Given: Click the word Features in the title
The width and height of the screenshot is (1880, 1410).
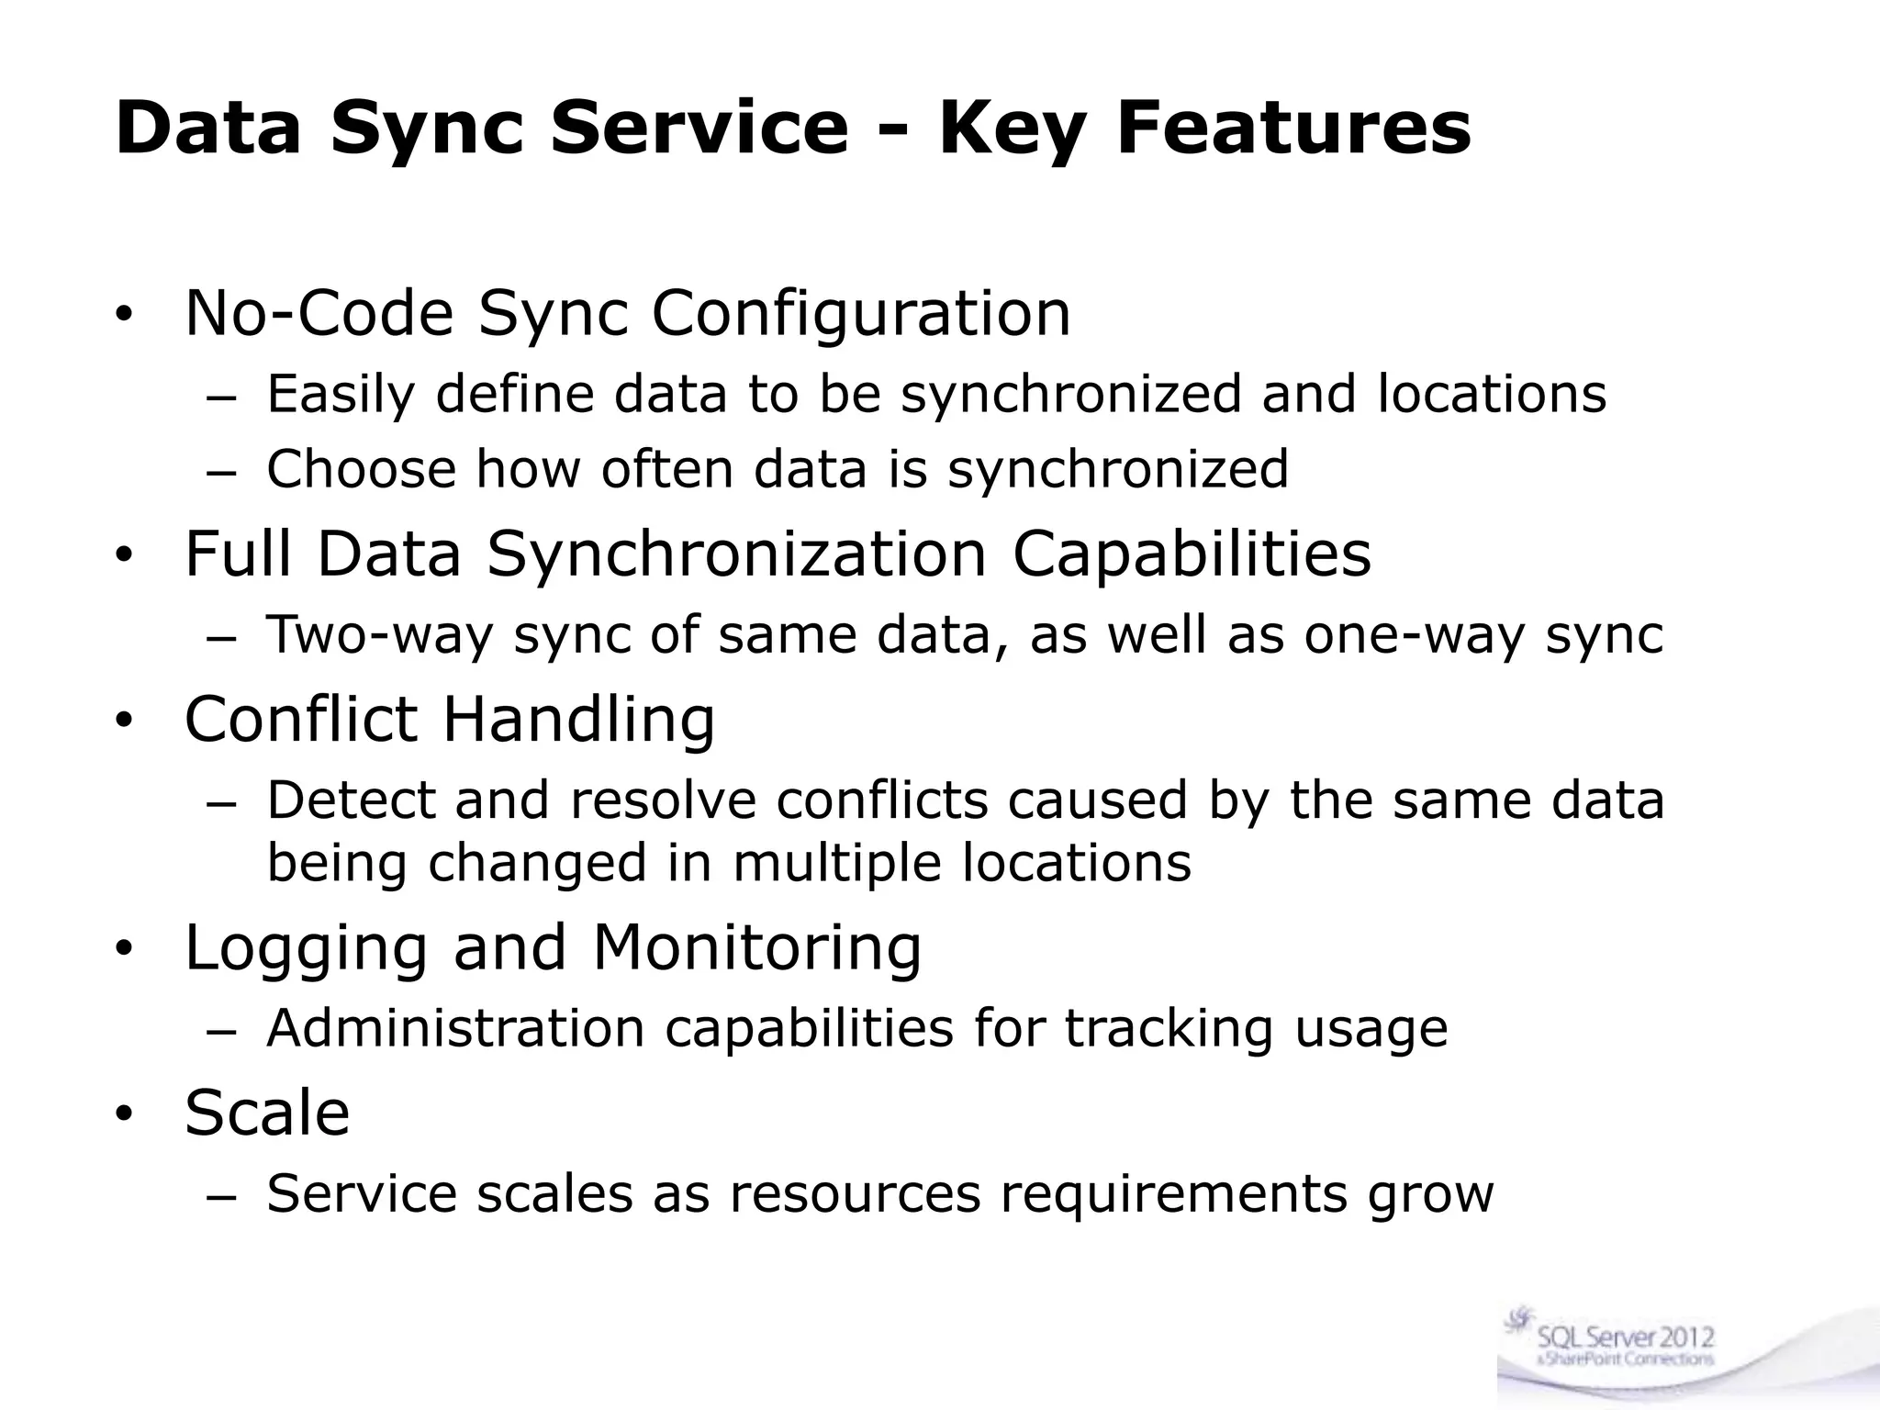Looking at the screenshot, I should [x=1293, y=129].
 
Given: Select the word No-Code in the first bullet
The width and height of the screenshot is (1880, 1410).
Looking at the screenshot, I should [x=319, y=313].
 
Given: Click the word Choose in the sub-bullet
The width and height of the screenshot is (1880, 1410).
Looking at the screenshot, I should [x=361, y=469].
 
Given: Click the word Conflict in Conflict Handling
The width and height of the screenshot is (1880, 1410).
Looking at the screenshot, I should [x=301, y=719].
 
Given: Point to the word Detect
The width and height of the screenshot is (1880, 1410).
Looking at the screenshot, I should [x=351, y=800].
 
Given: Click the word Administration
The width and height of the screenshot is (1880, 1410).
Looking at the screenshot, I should [x=455, y=1028].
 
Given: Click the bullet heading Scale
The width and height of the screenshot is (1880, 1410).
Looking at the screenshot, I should [x=267, y=1113].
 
